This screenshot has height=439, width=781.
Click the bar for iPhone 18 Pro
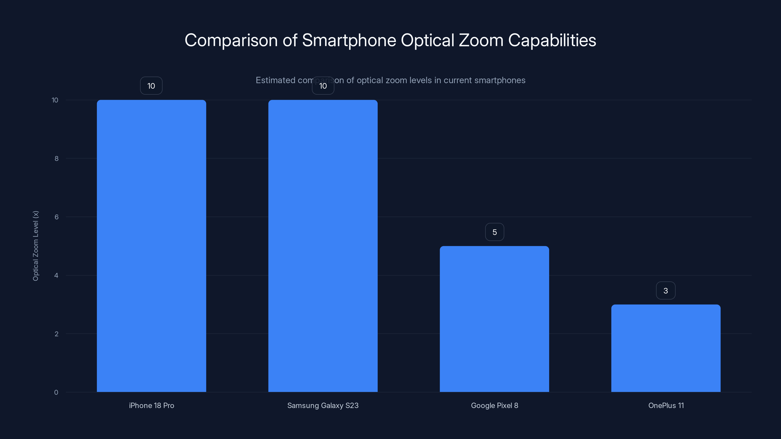click(x=151, y=246)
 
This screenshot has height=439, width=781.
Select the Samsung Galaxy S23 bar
click(x=323, y=246)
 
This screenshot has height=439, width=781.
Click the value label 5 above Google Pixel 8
click(x=494, y=232)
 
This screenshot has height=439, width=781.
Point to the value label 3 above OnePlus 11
click(x=666, y=290)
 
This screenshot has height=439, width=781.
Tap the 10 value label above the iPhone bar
click(x=151, y=86)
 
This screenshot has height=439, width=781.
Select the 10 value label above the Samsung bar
click(x=323, y=86)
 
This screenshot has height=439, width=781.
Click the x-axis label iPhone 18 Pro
click(x=152, y=405)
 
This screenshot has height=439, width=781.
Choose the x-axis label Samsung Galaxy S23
click(x=323, y=405)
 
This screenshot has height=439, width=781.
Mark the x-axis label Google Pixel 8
click(x=494, y=405)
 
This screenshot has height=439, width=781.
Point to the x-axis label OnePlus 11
click(x=666, y=405)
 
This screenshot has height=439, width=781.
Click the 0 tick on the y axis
click(x=56, y=392)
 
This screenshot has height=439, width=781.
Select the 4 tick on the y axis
click(x=56, y=275)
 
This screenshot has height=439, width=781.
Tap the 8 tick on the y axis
click(x=56, y=159)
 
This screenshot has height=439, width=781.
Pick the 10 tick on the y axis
click(x=55, y=100)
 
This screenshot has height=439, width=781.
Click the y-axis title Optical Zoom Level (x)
click(x=36, y=246)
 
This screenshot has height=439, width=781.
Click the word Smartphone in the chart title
click(x=349, y=40)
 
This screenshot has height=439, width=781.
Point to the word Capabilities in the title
click(x=552, y=40)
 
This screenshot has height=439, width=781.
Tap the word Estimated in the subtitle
click(x=275, y=80)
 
